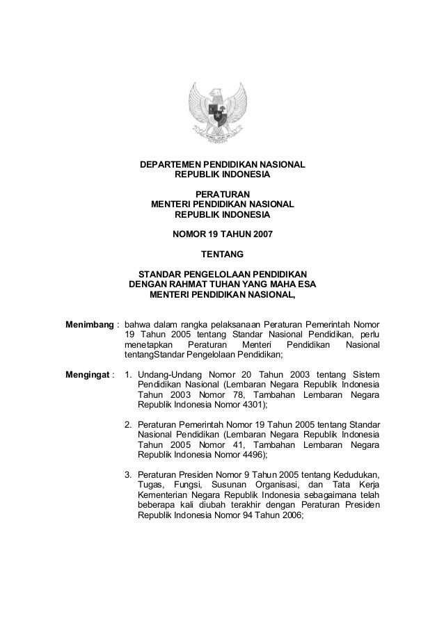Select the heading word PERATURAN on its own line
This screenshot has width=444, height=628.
click(222, 194)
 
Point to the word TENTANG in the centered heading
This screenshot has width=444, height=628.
click(222, 263)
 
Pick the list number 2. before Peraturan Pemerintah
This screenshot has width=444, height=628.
click(129, 424)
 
